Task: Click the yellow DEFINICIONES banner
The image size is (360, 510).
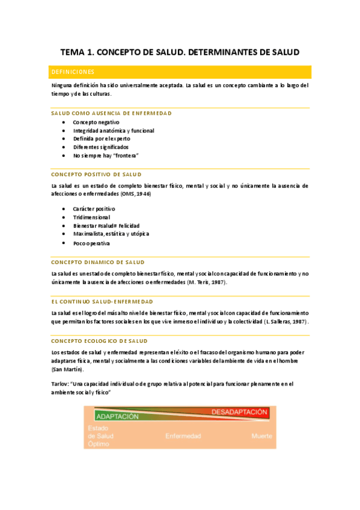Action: [180, 72]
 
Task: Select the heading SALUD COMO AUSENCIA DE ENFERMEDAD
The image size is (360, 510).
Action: [111, 113]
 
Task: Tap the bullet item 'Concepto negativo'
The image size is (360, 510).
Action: [96, 122]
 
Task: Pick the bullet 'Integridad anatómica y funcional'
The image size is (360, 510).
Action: [114, 131]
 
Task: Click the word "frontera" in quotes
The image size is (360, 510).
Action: [126, 155]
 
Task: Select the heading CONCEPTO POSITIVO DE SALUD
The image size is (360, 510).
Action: [96, 174]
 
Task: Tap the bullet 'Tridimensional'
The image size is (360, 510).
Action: [91, 217]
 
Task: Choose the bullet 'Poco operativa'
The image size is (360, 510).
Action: [91, 243]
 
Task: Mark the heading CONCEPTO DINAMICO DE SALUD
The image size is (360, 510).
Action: [98, 262]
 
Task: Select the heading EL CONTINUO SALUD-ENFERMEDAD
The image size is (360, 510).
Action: [102, 301]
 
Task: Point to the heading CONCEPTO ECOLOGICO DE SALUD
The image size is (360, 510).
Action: [99, 340]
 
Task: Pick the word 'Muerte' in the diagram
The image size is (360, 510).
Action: [261, 435]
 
